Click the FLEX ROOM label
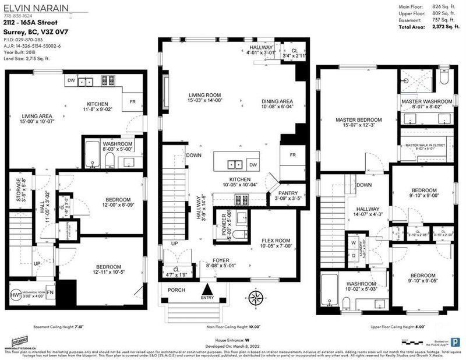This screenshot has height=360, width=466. (276, 241)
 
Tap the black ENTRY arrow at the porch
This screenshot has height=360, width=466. (207, 289)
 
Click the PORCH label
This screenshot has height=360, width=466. (177, 289)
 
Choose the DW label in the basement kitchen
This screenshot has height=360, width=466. (71, 81)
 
